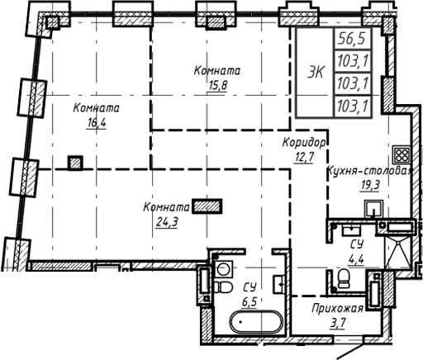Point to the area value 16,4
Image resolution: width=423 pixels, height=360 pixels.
[97, 126]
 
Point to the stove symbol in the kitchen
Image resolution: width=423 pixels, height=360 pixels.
[402, 154]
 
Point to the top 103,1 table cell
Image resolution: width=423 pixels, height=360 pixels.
[353, 59]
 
